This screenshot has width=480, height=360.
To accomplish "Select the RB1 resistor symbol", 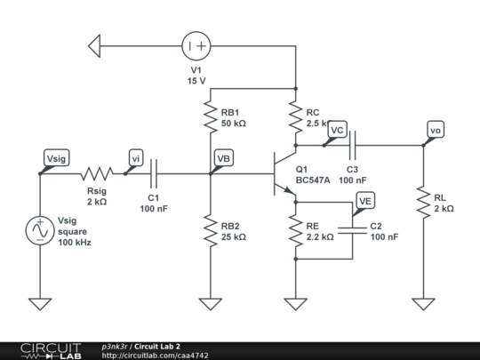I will click(211, 116).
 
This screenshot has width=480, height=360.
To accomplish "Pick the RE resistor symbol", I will click(295, 230).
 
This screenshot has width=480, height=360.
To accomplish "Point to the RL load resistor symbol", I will click(423, 202).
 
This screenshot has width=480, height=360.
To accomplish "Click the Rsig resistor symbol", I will click(98, 173).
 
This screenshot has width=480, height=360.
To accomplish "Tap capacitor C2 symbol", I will click(353, 230).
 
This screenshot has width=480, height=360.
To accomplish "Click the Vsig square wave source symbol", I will click(40, 230).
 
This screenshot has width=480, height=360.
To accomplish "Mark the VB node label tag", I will click(223, 158).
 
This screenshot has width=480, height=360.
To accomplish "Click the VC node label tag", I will click(336, 130).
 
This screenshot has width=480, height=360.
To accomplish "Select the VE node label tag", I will click(364, 202).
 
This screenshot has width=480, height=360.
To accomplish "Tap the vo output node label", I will click(435, 130).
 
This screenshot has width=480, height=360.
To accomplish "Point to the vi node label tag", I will click(136, 158).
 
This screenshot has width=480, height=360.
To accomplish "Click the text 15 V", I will click(196, 81).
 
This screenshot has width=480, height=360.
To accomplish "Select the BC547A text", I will click(313, 179).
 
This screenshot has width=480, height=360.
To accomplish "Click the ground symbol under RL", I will click(423, 304).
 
